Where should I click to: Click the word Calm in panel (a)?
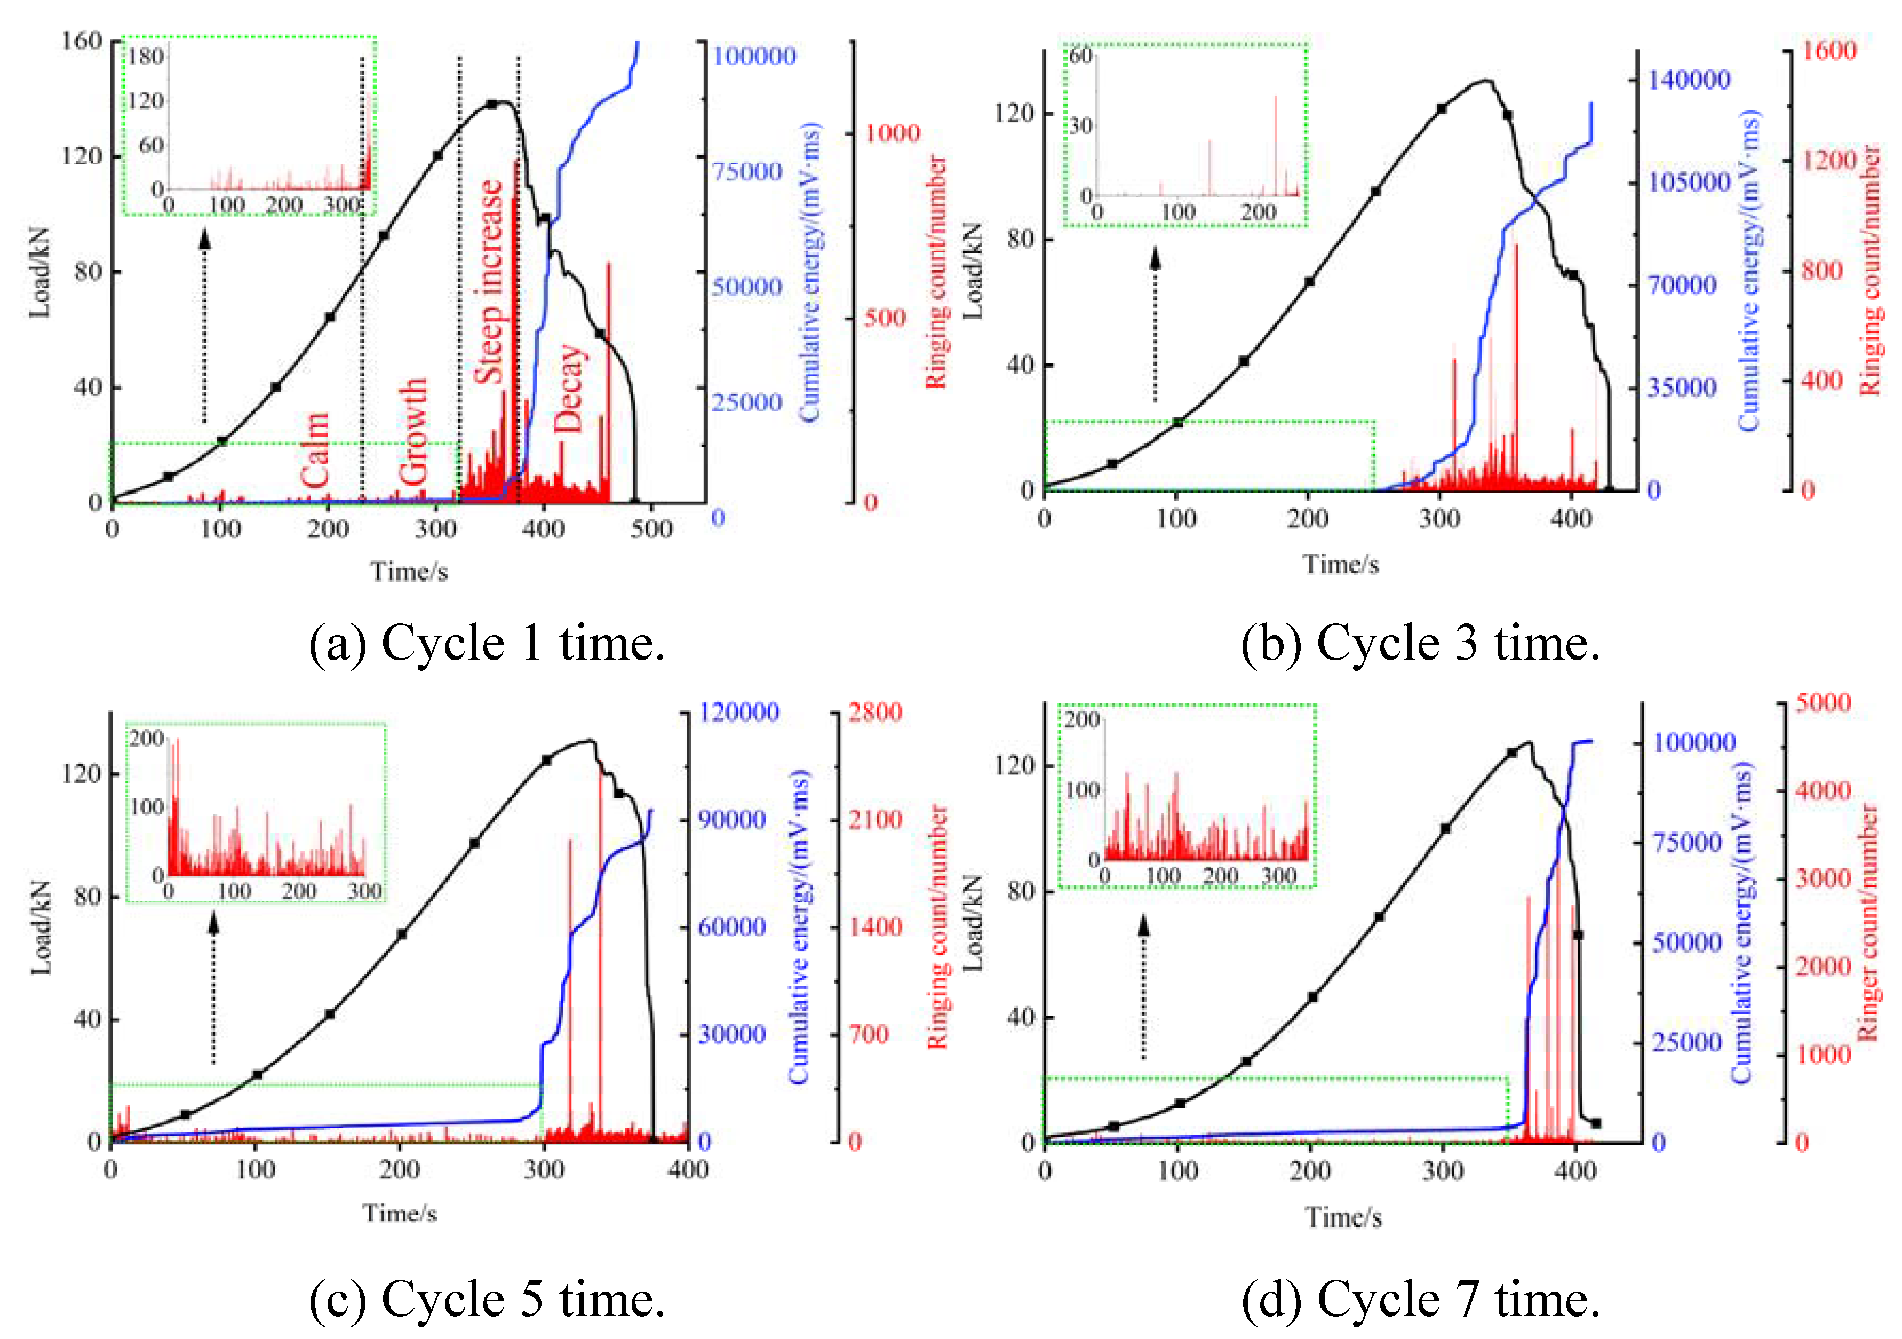click(315, 450)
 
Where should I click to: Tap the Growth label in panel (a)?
click(412, 432)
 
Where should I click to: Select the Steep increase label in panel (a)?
click(489, 282)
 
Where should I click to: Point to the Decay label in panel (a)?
click(569, 388)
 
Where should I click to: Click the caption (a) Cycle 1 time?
click(487, 643)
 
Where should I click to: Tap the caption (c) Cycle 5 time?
click(487, 1298)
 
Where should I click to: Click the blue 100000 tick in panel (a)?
click(754, 57)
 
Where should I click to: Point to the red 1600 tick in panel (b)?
click(1828, 51)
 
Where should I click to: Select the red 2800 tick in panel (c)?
click(874, 712)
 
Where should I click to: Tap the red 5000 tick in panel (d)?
click(1823, 703)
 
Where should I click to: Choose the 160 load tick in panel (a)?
click(81, 41)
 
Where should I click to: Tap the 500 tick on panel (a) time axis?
click(651, 529)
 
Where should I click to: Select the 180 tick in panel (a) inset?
click(146, 57)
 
